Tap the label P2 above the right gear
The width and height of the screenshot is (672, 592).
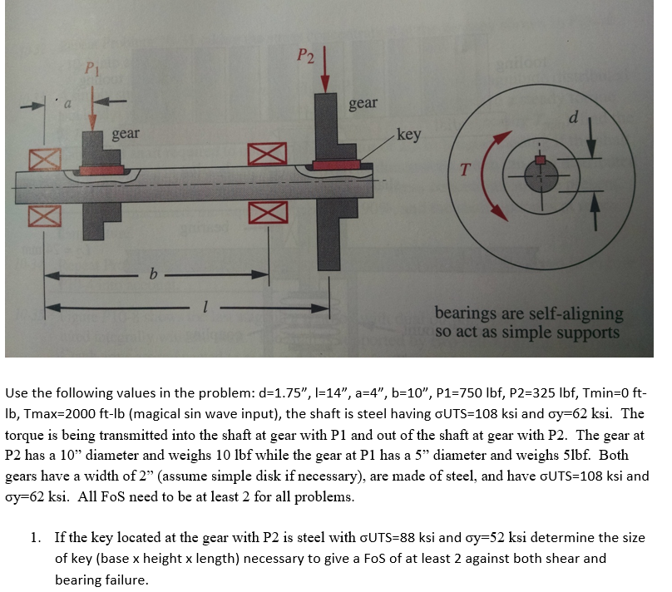coord(307,55)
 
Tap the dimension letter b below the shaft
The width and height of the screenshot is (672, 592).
coord(151,273)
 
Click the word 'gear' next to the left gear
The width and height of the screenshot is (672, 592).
coord(126,133)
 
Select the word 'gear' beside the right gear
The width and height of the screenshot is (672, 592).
coord(363,103)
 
